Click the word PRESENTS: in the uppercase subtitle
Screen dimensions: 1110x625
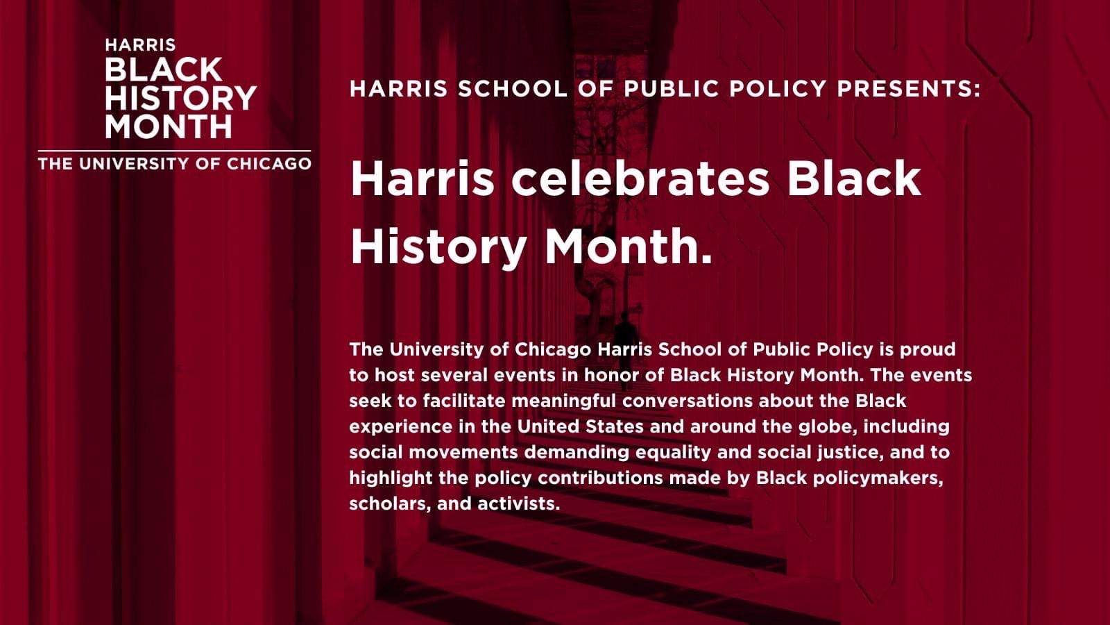[909, 89]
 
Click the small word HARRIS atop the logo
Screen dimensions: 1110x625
[140, 45]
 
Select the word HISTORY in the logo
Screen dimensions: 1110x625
[180, 98]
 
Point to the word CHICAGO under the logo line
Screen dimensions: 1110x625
[269, 164]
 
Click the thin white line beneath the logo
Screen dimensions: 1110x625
[174, 150]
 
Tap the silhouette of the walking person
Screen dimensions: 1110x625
[625, 347]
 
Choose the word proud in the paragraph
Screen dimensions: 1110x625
[928, 350]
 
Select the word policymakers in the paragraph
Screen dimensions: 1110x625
[878, 478]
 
